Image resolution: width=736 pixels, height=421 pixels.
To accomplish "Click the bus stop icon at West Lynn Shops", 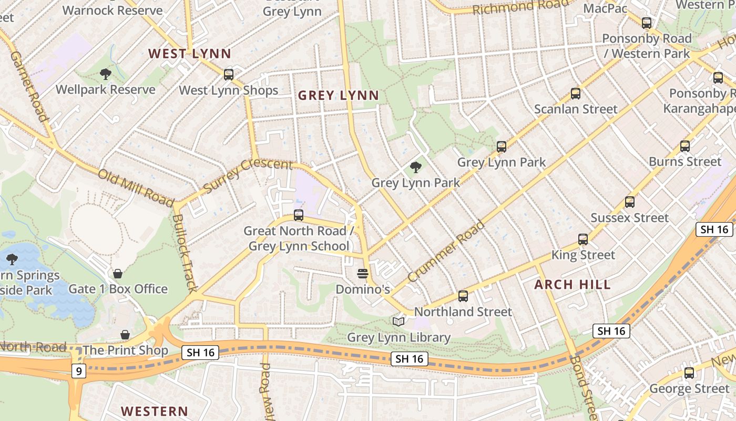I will point(229,74).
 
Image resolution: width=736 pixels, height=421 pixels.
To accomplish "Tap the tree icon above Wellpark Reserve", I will point(105,74).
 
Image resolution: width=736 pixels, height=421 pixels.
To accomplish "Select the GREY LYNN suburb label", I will point(338,95).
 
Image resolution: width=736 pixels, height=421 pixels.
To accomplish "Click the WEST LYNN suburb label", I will point(189,54).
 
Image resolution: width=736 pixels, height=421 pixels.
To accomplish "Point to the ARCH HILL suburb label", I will point(573,285).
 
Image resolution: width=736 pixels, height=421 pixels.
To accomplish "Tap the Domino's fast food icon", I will point(363,274).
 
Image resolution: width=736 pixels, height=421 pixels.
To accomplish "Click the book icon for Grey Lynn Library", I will point(399,322).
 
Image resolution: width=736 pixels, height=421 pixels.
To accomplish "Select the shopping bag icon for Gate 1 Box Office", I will point(118,274).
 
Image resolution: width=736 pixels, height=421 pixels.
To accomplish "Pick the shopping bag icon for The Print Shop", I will point(125,335).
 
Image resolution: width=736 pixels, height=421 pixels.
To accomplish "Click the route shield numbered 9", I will point(78,372).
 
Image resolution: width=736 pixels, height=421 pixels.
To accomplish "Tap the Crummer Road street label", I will point(445,251).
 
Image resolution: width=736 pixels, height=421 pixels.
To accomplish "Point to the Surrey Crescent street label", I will point(247,175).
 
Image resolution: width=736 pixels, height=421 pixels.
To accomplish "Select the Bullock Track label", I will point(185,253).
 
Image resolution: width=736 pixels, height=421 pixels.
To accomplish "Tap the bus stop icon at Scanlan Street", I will point(576,94).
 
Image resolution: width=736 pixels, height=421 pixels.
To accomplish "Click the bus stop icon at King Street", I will point(583,239).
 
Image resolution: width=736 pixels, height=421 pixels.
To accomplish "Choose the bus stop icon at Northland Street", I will point(463,296).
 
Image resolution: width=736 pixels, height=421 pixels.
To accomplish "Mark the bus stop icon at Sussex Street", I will point(630,202).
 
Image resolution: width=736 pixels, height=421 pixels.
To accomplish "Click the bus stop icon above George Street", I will point(689,373).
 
